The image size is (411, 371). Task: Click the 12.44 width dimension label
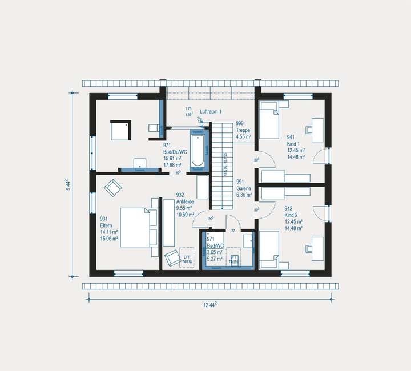[210, 305]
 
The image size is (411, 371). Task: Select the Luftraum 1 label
[210, 111]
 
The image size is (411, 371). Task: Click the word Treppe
[243, 130]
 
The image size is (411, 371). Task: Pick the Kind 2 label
[293, 215]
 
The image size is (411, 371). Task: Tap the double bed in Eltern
[137, 227]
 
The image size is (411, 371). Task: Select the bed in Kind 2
[269, 250]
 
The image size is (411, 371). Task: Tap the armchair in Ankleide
[171, 259]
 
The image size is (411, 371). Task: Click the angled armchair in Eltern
[112, 187]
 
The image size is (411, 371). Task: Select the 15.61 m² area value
[172, 159]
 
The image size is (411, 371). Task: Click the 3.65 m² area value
[215, 252]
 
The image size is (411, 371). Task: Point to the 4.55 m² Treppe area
[244, 137]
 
